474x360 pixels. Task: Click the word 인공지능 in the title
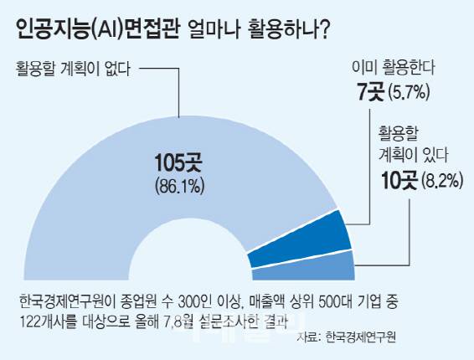click(x=49, y=31)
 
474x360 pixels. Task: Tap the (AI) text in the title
click(x=106, y=31)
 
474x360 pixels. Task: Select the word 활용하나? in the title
click(x=286, y=31)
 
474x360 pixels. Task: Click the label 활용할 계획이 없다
click(x=72, y=69)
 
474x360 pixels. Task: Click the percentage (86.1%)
click(x=179, y=185)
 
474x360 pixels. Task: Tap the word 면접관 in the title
click(x=152, y=31)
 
